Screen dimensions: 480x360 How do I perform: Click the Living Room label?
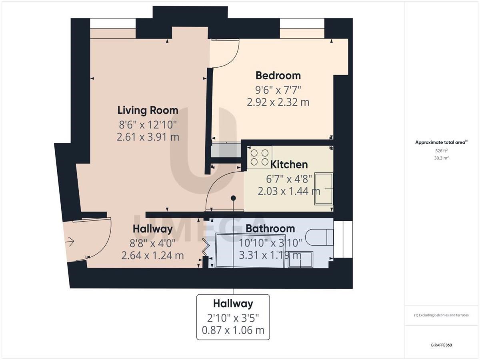click(x=148, y=110)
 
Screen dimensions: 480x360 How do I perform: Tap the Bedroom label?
click(x=278, y=76)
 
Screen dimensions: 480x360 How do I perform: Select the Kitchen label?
click(x=289, y=164)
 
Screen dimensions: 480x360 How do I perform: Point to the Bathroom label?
click(x=270, y=229)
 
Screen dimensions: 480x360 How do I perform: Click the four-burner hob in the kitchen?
click(x=260, y=157)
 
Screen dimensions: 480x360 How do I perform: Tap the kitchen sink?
click(x=324, y=189)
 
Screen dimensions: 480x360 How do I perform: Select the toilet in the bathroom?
click(x=319, y=237)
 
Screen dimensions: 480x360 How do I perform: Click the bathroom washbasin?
click(x=300, y=260)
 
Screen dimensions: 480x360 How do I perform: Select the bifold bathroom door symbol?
click(x=206, y=247)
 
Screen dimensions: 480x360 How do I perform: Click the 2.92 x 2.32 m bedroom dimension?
click(x=278, y=102)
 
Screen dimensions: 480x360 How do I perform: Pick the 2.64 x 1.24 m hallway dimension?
click(x=153, y=256)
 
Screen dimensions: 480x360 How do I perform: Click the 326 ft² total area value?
click(x=441, y=151)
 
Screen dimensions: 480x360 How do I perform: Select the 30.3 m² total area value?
click(x=441, y=158)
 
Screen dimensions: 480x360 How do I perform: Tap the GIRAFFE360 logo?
click(x=441, y=345)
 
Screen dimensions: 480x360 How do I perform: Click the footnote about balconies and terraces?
click(x=441, y=315)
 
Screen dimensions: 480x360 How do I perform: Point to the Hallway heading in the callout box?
click(x=233, y=304)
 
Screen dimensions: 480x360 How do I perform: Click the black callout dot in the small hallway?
click(x=233, y=198)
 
